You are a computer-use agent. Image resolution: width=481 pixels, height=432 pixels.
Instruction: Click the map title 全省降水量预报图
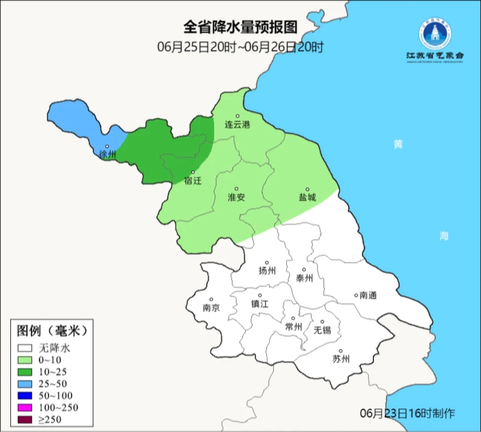(x=240, y=27)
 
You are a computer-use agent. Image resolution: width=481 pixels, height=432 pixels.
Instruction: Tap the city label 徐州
(x=108, y=155)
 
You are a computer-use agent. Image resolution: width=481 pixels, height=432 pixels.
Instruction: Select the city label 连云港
(x=237, y=125)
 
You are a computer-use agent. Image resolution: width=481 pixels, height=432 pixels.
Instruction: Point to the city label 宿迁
(x=193, y=181)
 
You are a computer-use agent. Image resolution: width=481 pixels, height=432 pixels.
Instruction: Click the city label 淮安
(x=236, y=197)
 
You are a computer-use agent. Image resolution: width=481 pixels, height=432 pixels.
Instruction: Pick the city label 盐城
(x=307, y=197)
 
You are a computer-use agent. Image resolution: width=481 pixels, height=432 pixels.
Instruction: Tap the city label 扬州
(x=267, y=271)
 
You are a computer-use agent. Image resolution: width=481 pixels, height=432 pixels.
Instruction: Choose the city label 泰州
(x=304, y=278)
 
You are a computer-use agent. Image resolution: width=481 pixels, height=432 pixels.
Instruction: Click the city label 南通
(x=368, y=295)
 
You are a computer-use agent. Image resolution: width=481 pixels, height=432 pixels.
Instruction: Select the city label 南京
(x=211, y=308)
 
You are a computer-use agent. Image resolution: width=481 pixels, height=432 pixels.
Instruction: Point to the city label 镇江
(x=260, y=304)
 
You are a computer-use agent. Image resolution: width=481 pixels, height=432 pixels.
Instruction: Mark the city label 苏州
(x=341, y=359)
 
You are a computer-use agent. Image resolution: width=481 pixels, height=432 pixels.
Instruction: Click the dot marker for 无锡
(x=322, y=322)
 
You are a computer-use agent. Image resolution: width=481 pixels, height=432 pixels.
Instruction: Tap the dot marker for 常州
(x=293, y=318)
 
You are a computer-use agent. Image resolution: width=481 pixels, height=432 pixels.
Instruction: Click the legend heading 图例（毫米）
(x=51, y=331)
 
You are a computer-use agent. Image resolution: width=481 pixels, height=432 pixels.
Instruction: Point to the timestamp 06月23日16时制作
(x=408, y=413)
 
